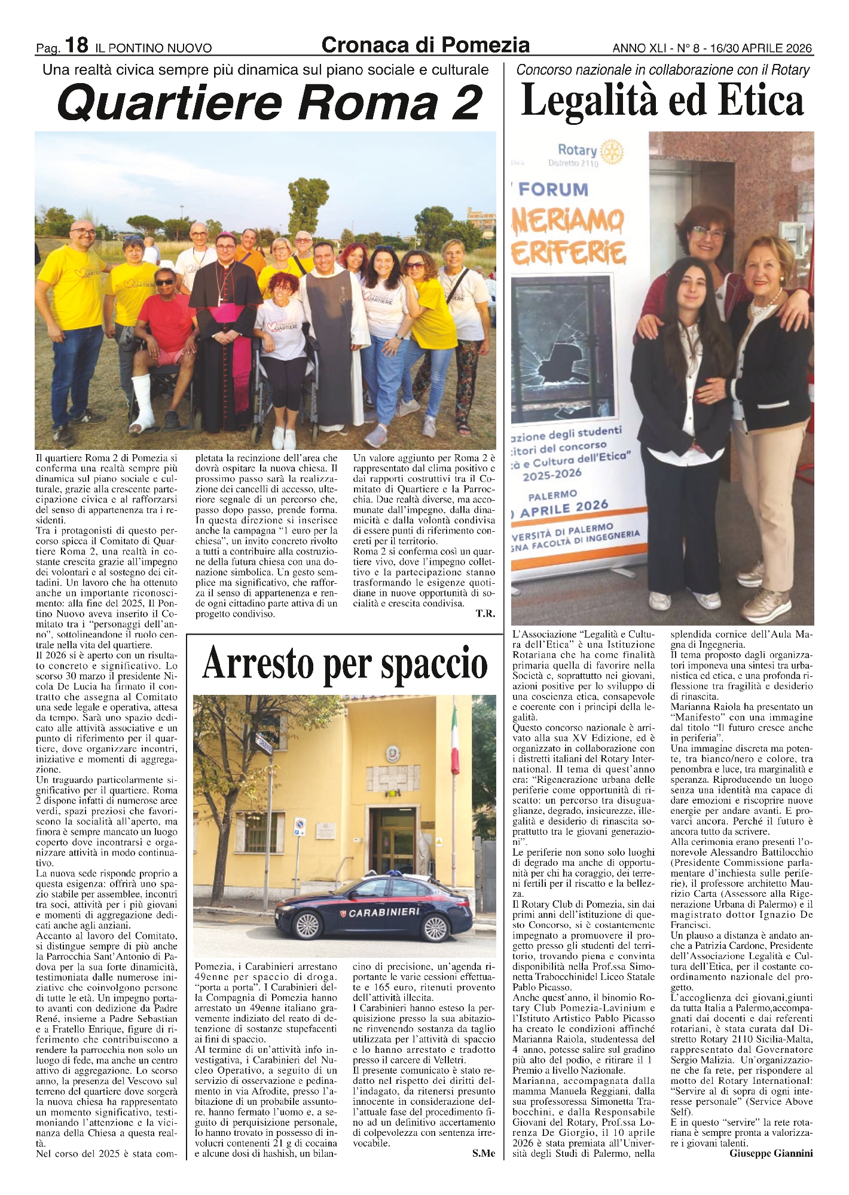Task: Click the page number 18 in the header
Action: tap(77, 45)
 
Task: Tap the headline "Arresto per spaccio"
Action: tap(345, 664)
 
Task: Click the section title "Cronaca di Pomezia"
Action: tap(425, 45)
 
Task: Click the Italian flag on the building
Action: tap(456, 747)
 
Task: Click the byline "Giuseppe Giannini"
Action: tap(771, 1154)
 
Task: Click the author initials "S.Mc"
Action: tap(483, 1154)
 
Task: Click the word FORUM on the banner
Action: tap(553, 190)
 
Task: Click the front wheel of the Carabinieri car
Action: tap(307, 928)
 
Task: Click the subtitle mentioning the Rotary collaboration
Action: tap(662, 70)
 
